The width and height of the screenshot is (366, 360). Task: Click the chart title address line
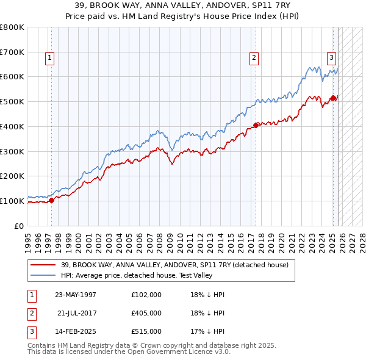(183, 5)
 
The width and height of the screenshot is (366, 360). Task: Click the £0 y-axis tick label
(20, 226)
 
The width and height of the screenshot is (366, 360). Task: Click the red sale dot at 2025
(333, 98)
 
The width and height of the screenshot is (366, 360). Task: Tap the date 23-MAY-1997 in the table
(76, 295)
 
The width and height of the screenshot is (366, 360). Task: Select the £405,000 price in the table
(146, 313)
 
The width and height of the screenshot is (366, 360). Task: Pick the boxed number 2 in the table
(31, 313)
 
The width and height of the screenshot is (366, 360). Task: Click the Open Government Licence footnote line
(129, 352)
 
